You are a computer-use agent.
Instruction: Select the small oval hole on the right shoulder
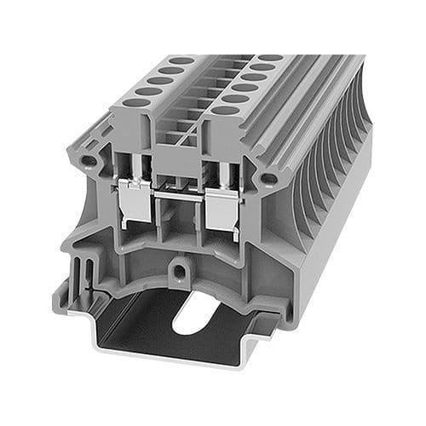pyautogui.click(x=268, y=179)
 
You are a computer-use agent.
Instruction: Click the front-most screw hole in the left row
pyautogui.click(x=134, y=102)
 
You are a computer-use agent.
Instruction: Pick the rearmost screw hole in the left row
pyautogui.click(x=181, y=61)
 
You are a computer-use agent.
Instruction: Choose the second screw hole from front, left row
pyautogui.click(x=147, y=91)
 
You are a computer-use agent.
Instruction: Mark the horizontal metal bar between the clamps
pyautogui.click(x=177, y=198)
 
